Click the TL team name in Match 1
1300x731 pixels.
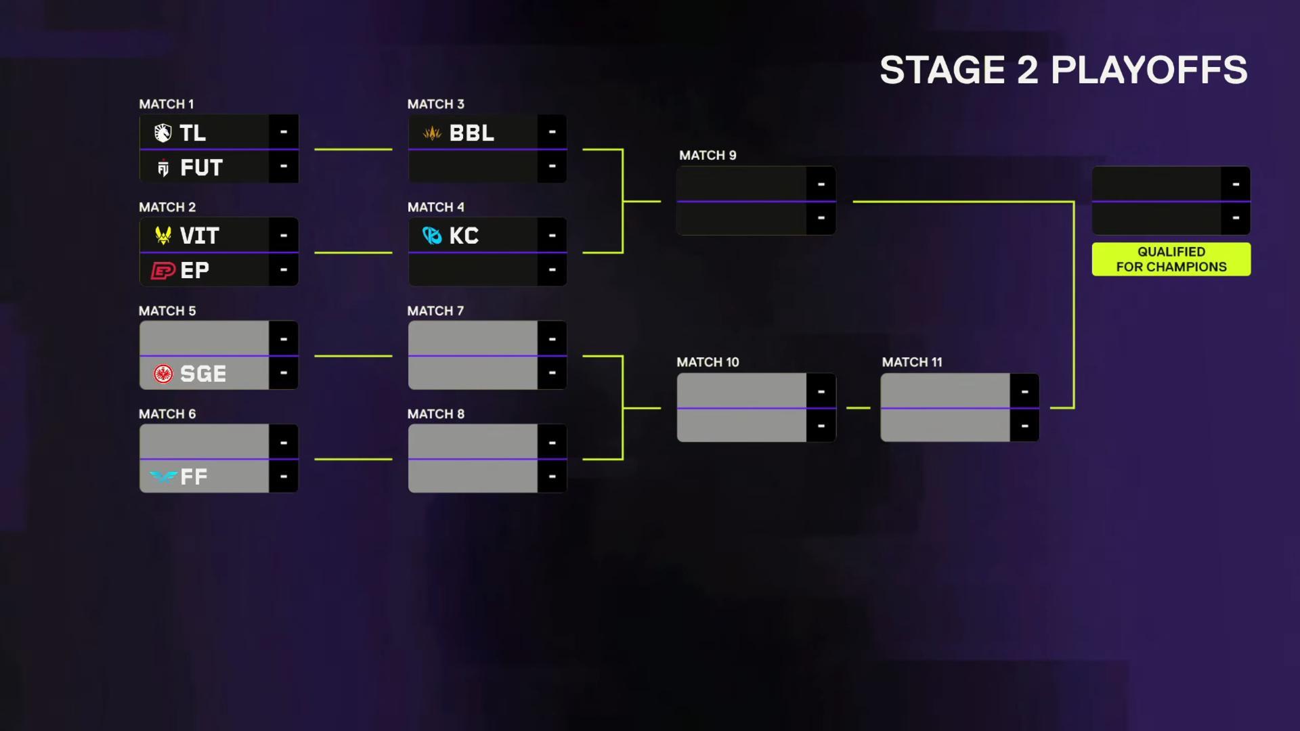[x=193, y=133]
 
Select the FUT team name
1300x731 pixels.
[x=201, y=167]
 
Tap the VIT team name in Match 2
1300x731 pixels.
[x=199, y=236]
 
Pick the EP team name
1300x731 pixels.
[x=195, y=270]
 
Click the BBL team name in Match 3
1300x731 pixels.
[x=472, y=133]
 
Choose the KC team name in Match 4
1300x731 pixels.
[x=464, y=236]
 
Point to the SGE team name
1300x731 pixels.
[x=203, y=374]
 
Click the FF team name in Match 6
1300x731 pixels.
[x=194, y=477]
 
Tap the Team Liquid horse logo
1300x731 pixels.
[x=162, y=133]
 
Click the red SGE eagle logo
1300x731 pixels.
[x=163, y=374]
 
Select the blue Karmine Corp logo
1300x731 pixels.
[x=432, y=236]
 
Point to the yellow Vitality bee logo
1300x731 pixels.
[x=162, y=235]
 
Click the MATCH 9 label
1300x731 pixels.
[x=708, y=156]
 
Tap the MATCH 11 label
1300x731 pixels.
[x=912, y=362]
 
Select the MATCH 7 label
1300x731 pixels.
[x=435, y=311]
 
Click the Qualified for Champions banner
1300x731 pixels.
[x=1171, y=259]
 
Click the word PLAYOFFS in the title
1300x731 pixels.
[x=1149, y=70]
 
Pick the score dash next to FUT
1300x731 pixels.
[x=284, y=166]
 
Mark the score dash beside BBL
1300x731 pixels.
[x=552, y=131]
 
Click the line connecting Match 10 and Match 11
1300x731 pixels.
[x=859, y=408]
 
